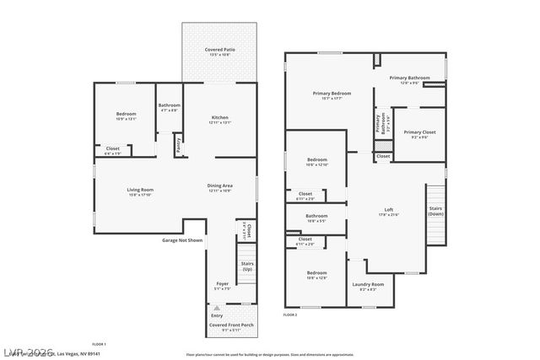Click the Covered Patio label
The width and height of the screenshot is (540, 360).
pos(219,50)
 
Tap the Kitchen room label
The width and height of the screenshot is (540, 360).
pos(219,117)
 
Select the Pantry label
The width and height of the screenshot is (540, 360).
pos(178,145)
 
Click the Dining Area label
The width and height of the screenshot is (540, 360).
pos(219,185)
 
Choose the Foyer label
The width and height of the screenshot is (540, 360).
pos(222,283)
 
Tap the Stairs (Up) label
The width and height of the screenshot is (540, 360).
pos(247,266)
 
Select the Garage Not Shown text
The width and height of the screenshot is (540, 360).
pos(182,240)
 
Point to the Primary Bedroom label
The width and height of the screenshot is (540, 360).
pos(332,94)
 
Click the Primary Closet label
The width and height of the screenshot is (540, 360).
pos(418,132)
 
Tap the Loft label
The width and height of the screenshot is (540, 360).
pos(388,209)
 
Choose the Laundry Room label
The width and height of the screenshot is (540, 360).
pos(368,284)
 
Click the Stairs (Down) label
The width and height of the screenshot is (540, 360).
pos(435,211)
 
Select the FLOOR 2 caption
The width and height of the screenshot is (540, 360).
pos(290,314)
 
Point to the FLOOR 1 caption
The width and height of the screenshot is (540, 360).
pos(98,344)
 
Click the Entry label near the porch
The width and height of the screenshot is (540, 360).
pos(216,315)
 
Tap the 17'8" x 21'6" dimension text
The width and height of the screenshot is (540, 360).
pos(388,215)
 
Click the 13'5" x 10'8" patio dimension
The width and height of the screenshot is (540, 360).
pos(219,56)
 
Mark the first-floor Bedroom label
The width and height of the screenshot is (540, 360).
pos(125,113)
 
